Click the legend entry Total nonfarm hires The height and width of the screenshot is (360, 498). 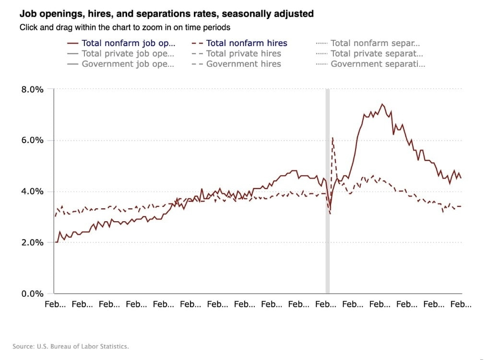246,43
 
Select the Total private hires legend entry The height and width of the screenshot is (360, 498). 243,54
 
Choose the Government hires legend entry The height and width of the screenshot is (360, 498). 243,64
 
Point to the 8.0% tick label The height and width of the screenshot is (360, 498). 32,89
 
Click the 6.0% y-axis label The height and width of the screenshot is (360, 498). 32,141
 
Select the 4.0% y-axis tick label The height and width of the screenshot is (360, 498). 32,192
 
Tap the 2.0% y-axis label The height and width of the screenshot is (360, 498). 32,243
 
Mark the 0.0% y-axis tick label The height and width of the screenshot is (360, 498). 32,294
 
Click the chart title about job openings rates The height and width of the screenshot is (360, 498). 166,14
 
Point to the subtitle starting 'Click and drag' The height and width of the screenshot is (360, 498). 125,27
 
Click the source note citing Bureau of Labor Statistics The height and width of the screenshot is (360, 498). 71,346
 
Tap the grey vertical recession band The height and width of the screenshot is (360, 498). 328,192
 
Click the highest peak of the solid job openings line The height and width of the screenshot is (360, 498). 382,104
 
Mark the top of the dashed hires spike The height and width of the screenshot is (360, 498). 332,138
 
